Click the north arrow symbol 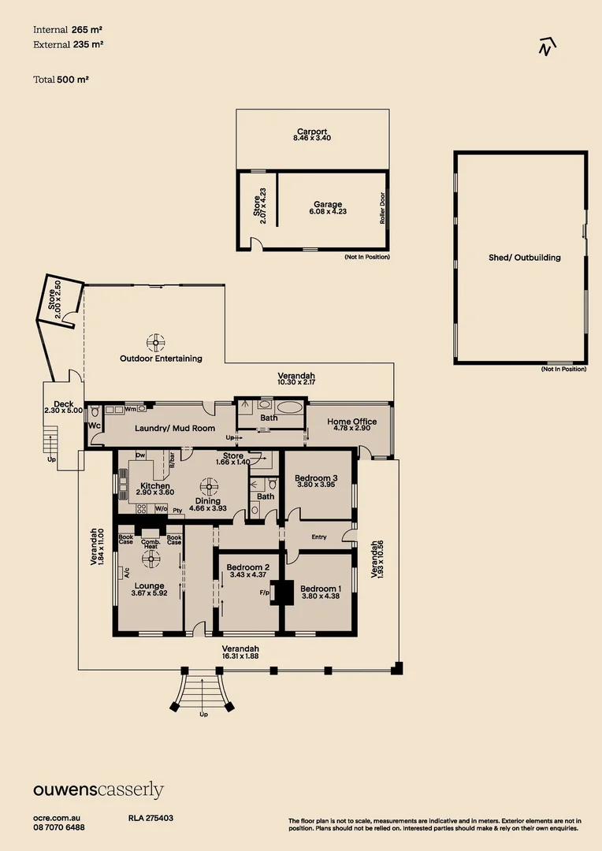pyautogui.click(x=545, y=47)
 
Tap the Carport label pyautogui.click(x=312, y=132)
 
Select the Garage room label pyautogui.click(x=327, y=205)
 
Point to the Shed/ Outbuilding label pyautogui.click(x=519, y=258)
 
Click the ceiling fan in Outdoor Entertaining pyautogui.click(x=156, y=342)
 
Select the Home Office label pyautogui.click(x=351, y=422)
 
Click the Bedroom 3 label pyautogui.click(x=316, y=478)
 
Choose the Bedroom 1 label pyautogui.click(x=321, y=589)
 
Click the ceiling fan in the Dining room pyautogui.click(x=209, y=485)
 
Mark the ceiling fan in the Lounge pyautogui.click(x=150, y=559)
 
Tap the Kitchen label pyautogui.click(x=155, y=486)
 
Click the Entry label pyautogui.click(x=319, y=537)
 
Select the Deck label pyautogui.click(x=58, y=404)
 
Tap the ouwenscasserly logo pyautogui.click(x=98, y=790)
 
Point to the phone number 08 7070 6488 pyautogui.click(x=59, y=827)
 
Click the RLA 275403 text pyautogui.click(x=150, y=819)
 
